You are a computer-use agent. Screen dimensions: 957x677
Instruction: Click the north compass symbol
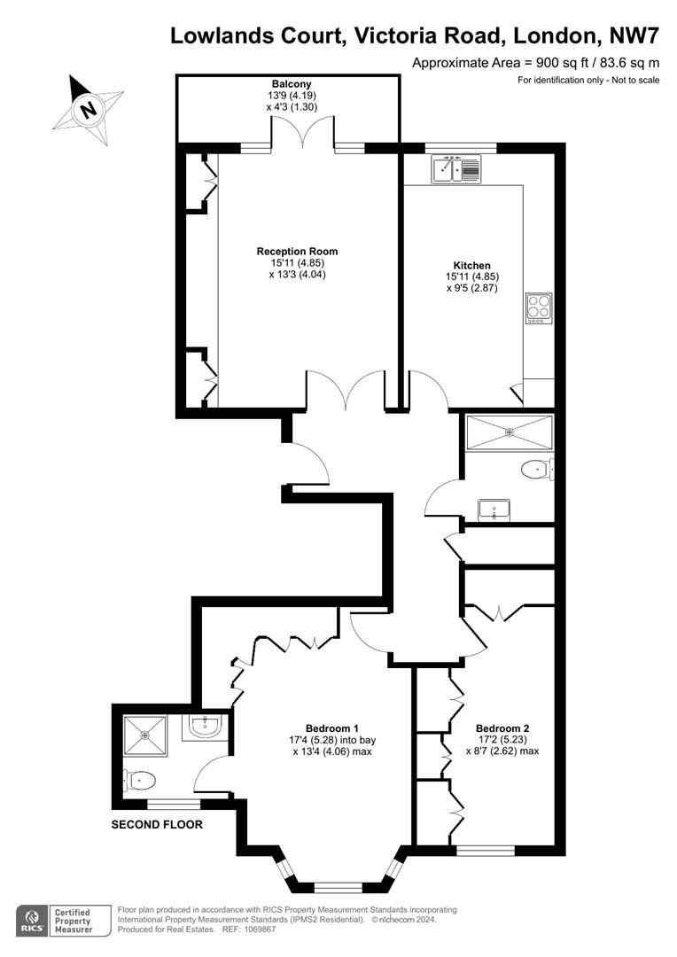pos(87,109)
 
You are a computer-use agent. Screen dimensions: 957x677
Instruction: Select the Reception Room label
pos(297,252)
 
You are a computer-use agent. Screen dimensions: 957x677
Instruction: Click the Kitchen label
pos(471,266)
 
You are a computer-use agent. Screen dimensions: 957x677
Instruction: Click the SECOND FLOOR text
pos(157,825)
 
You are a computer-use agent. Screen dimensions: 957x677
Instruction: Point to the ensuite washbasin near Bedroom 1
pos(205,727)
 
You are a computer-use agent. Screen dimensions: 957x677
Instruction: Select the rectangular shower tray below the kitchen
pos(509,432)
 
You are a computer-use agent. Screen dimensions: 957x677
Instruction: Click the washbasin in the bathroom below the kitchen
pos(494,510)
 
